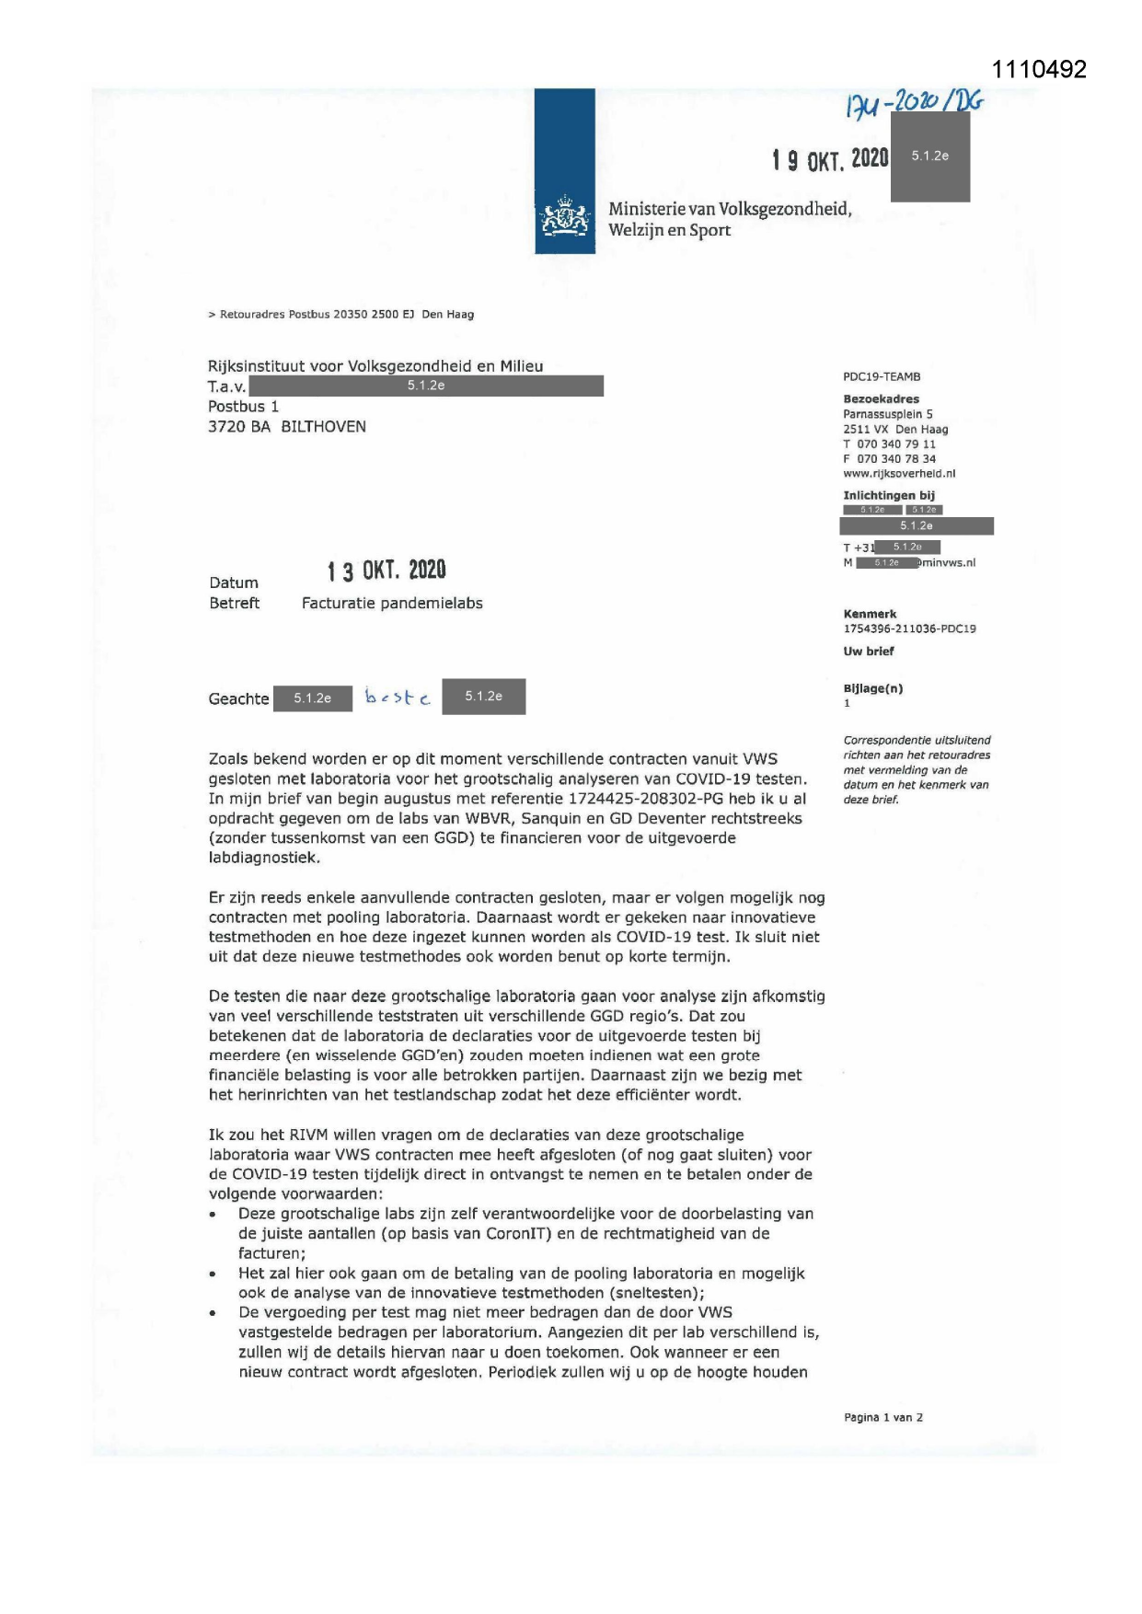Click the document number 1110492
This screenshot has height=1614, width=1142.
tap(1039, 70)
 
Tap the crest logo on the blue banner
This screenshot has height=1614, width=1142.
tap(565, 219)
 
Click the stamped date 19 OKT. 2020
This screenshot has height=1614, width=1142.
tap(830, 160)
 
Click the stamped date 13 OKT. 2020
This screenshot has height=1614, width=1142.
tap(386, 571)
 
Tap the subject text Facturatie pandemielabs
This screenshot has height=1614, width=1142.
tap(392, 604)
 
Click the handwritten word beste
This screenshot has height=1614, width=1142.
tap(398, 697)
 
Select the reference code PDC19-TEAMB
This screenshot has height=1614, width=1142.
tap(882, 377)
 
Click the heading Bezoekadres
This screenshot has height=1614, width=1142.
tap(881, 399)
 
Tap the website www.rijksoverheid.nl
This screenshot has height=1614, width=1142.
tap(899, 474)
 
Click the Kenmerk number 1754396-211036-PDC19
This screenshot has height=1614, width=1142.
tap(909, 629)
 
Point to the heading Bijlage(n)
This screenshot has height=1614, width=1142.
tap(872, 689)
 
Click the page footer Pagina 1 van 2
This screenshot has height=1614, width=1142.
tap(882, 1418)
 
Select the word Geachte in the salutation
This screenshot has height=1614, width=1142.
tap(238, 699)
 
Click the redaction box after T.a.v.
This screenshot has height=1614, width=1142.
tap(426, 386)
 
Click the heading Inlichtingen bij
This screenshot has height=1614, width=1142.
tap(888, 496)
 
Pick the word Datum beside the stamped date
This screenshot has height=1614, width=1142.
tap(234, 583)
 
